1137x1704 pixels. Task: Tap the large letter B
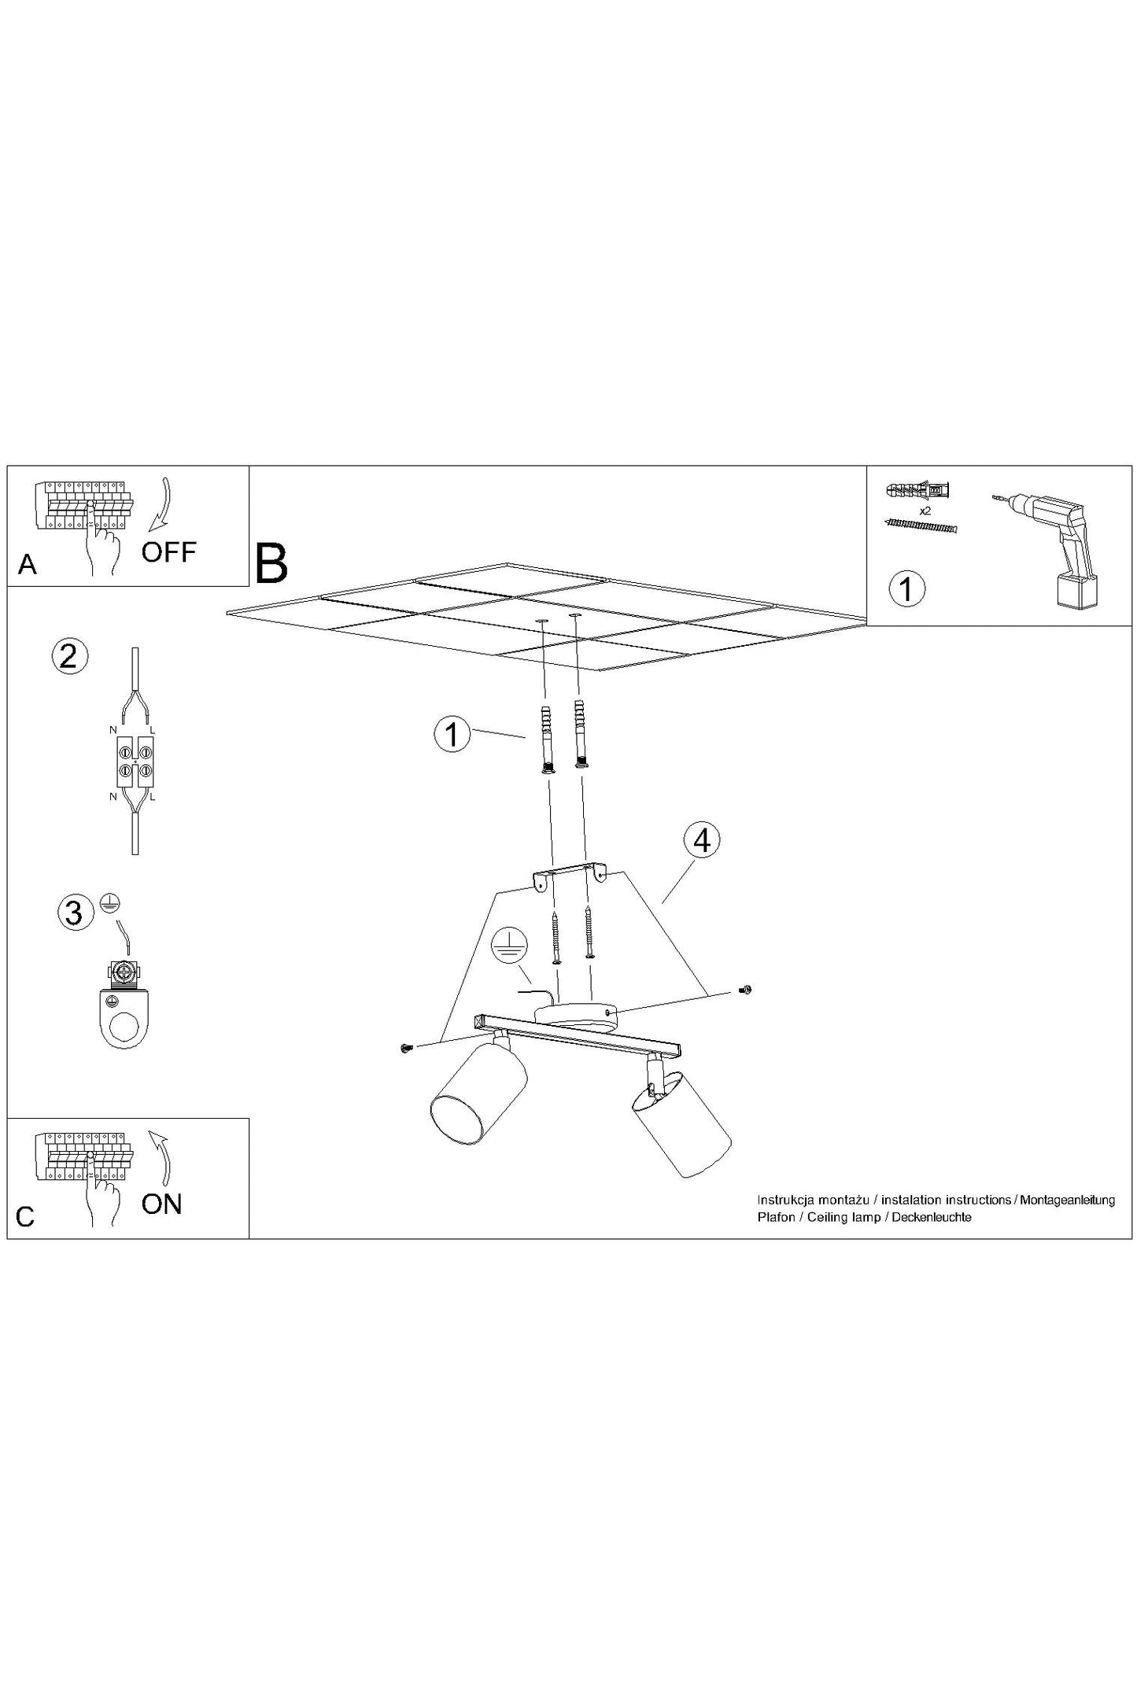coord(271,562)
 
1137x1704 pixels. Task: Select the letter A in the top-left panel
coord(27,564)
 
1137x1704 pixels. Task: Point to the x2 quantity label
coord(925,511)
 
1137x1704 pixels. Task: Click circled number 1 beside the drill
coord(907,588)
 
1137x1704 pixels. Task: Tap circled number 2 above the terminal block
coord(69,655)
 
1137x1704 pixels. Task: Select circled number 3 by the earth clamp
coord(74,913)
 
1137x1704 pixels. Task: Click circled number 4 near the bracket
coord(702,841)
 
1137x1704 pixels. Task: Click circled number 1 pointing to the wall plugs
coord(452,735)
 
